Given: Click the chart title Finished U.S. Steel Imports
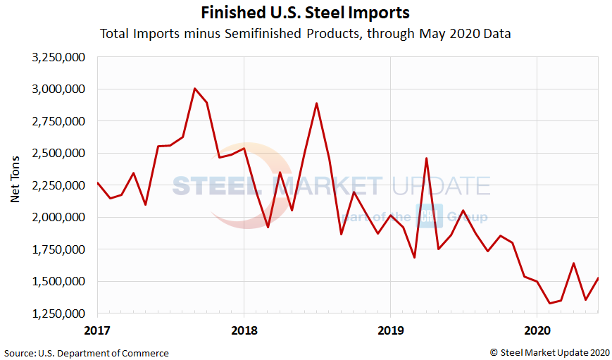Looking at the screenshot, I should click(x=305, y=13).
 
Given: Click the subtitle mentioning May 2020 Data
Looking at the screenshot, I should click(x=305, y=33).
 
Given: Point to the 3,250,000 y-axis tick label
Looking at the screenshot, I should click(x=60, y=57).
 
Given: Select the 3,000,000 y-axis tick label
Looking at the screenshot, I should click(x=60, y=89).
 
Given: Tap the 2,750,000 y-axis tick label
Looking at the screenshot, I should click(x=60, y=121).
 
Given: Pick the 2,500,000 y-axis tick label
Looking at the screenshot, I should click(x=60, y=153).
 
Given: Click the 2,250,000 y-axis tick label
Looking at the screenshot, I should click(x=60, y=185).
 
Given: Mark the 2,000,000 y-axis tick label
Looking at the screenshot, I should click(x=60, y=217).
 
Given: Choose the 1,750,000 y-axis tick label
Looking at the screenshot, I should click(x=60, y=249).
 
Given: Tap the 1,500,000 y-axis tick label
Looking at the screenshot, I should click(x=60, y=281).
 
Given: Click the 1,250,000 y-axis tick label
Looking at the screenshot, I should click(x=60, y=314).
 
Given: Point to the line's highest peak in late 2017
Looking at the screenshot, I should click(x=195, y=89).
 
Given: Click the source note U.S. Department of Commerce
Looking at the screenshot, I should click(x=87, y=352).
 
